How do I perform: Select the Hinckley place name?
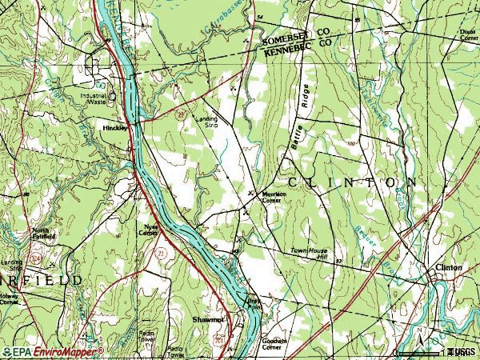click(x=115, y=127)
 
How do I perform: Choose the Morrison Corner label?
click(x=274, y=198)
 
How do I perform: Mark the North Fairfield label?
click(x=43, y=234)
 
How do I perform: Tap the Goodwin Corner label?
click(x=274, y=342)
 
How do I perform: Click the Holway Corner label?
click(x=10, y=298)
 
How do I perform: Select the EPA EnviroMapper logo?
click(x=53, y=351)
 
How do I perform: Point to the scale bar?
click(x=420, y=351)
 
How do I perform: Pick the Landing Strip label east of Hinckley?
click(x=207, y=122)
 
